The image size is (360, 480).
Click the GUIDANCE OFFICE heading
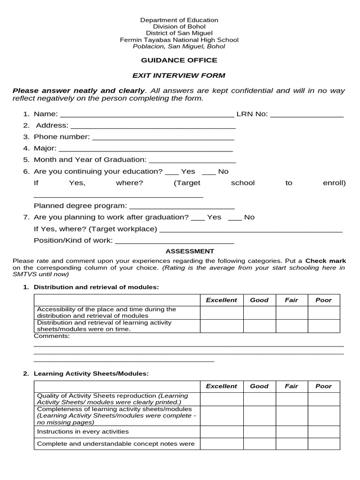(179, 60)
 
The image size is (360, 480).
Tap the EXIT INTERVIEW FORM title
(179, 75)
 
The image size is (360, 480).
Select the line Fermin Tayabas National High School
(179, 40)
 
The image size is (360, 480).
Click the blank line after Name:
(147, 115)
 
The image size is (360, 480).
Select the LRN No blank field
(307, 115)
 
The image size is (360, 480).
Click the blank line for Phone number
(163, 138)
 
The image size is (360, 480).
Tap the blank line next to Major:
(145, 150)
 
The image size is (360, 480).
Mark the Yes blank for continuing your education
(172, 172)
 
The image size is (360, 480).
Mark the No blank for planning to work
(235, 218)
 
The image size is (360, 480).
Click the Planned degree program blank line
(182, 207)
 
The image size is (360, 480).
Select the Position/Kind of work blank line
(174, 241)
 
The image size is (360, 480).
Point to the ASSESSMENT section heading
(190, 251)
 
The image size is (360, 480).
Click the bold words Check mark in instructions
(325, 261)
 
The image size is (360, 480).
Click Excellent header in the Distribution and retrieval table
(221, 300)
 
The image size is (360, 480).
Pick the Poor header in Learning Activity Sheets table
(323, 386)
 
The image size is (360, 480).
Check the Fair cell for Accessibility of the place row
(291, 313)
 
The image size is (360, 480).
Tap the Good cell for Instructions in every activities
(259, 431)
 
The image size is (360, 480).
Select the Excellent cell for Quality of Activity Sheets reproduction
(221, 399)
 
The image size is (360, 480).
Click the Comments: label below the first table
(52, 336)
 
